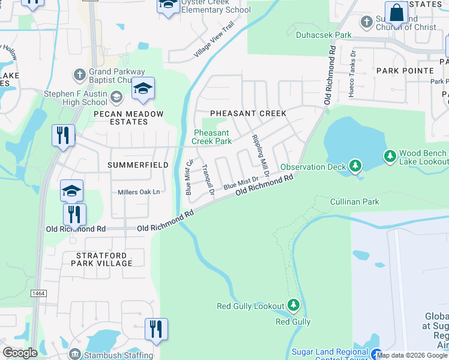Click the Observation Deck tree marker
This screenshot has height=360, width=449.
tap(355, 165)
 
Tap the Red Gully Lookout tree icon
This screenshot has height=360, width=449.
tap(294, 306)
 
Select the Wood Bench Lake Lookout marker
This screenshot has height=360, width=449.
tap(390, 156)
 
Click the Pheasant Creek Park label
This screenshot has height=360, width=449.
tap(211, 137)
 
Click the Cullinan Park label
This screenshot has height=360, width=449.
tap(354, 202)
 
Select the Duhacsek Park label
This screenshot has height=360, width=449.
tap(324, 35)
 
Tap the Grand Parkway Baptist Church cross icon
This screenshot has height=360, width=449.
tap(79, 75)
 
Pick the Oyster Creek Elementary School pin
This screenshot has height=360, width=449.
tap(168, 6)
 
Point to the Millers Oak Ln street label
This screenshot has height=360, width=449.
tap(139, 192)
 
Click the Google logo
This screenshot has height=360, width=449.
tap(20, 353)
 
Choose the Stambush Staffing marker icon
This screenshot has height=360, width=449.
tap(74, 355)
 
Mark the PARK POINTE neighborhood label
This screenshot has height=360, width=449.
tap(405, 71)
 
